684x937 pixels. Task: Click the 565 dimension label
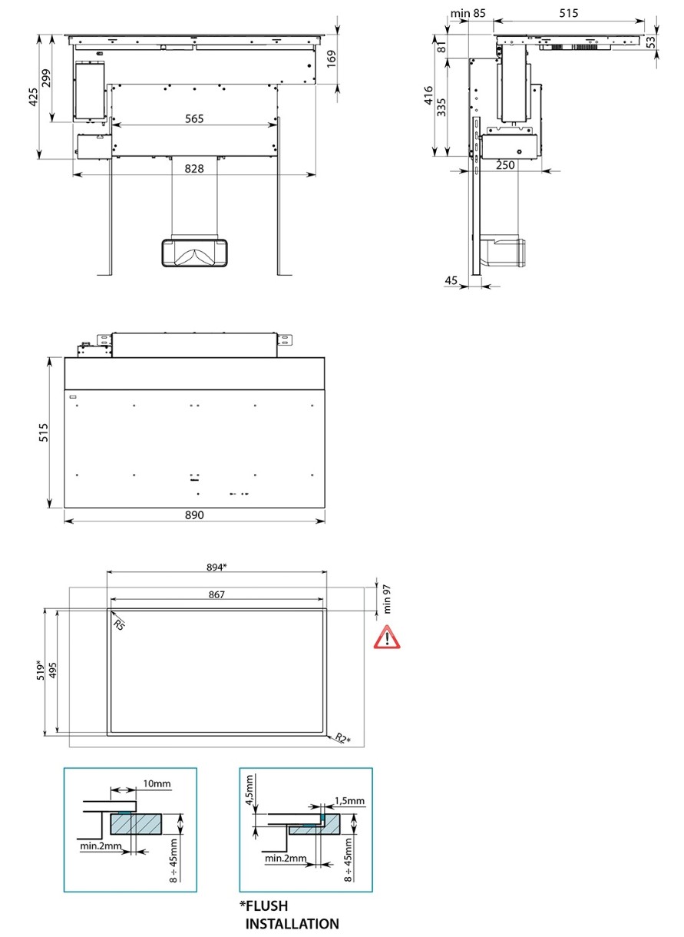194,119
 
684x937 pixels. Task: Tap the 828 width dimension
194,168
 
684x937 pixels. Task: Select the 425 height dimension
33,97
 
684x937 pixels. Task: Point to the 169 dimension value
331,59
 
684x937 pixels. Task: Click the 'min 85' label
468,13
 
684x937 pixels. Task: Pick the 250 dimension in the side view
505,165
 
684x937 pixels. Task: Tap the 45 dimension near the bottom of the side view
451,280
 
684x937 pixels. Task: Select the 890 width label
194,515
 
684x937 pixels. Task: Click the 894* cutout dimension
216,568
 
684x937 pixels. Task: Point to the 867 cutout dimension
216,594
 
